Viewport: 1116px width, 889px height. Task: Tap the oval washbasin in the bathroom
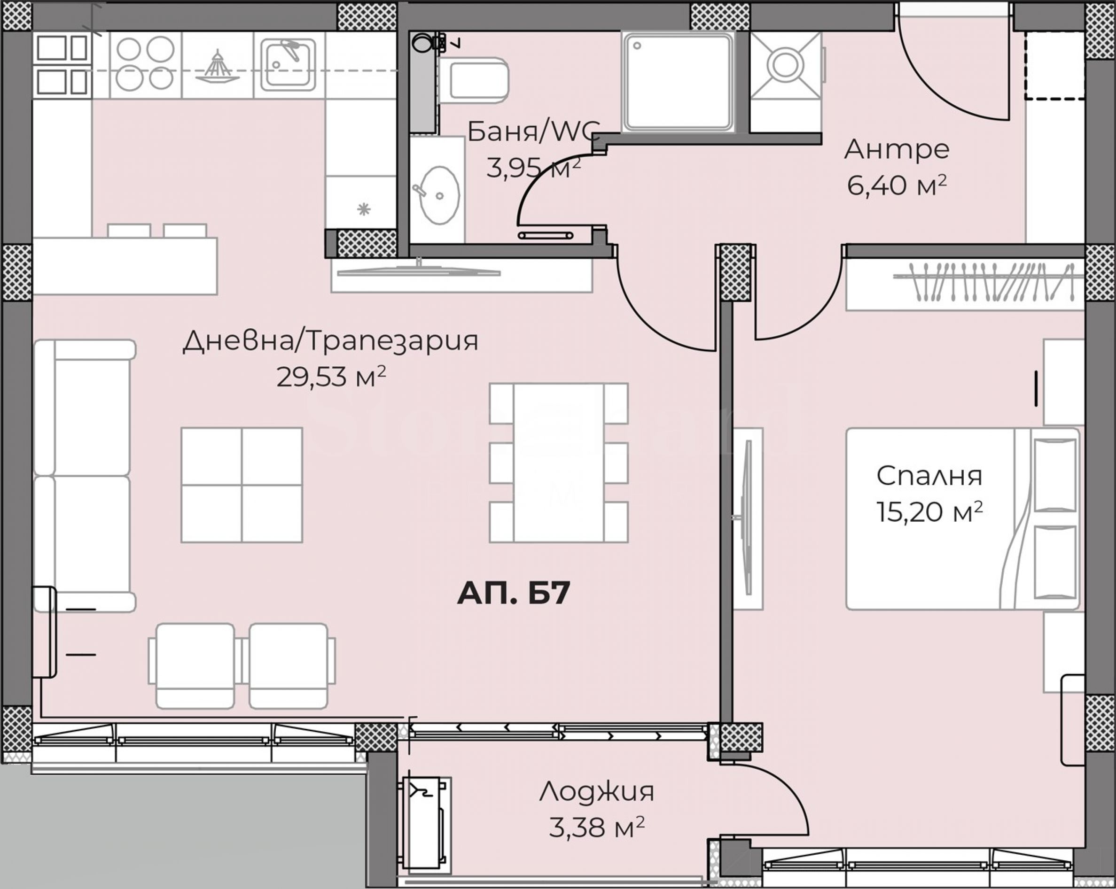[x=438, y=195]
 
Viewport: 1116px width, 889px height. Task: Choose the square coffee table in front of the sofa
[x=242, y=485]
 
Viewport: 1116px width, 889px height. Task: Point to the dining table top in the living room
[x=559, y=463]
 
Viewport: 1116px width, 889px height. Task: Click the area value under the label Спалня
[x=929, y=512]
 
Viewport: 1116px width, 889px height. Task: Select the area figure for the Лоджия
[x=597, y=828]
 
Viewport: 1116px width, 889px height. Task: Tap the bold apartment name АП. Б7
[x=514, y=593]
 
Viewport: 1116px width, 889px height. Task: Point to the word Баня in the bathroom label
[x=504, y=131]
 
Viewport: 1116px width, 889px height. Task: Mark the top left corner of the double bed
[x=847, y=428]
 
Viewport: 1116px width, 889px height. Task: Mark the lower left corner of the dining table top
[x=514, y=542]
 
